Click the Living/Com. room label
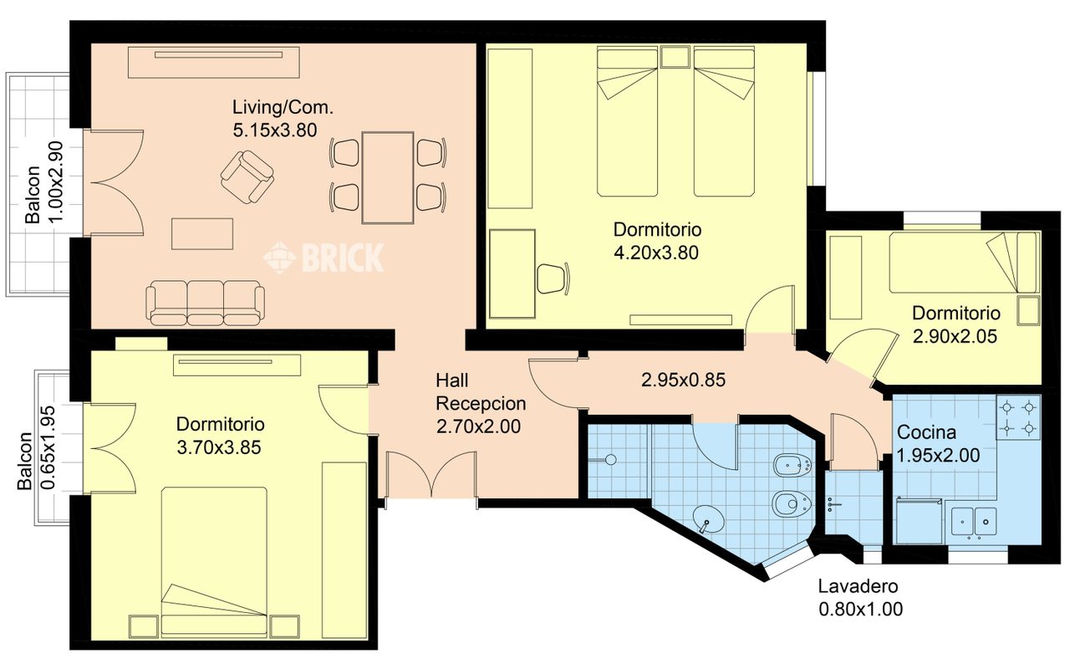[x=283, y=108]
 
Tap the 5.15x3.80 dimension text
[x=275, y=130]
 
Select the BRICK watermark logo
[x=324, y=258]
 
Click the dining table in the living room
[x=388, y=178]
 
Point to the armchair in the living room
[x=247, y=176]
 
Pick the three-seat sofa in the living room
[x=206, y=303]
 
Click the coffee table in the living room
[x=202, y=234]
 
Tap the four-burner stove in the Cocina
[x=1018, y=417]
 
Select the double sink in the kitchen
[x=974, y=521]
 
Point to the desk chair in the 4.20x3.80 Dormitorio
[x=553, y=278]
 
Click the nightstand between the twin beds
[x=675, y=57]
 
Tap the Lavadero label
[x=858, y=586]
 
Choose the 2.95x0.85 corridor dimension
[x=683, y=380]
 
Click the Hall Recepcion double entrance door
[x=432, y=475]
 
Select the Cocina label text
[x=926, y=432]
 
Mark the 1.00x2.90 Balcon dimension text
[x=56, y=182]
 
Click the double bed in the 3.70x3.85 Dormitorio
[x=214, y=562]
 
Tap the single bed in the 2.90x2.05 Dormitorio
[x=965, y=262]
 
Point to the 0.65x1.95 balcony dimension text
[x=48, y=447]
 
